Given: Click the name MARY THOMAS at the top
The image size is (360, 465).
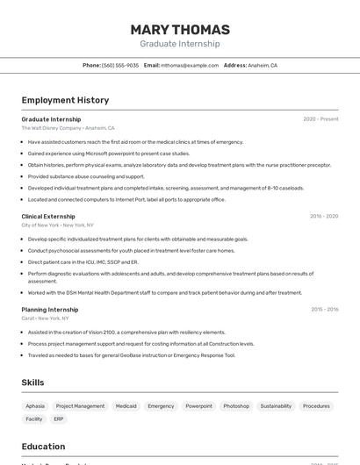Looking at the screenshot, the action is [180, 30].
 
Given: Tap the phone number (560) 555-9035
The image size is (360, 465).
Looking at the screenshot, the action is [120, 66].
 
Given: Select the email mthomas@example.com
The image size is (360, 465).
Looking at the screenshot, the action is [190, 66].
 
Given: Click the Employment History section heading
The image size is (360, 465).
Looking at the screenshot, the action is [65, 101].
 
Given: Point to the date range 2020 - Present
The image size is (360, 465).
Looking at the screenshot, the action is [320, 119].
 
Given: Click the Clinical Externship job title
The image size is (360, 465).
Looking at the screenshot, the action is [48, 216].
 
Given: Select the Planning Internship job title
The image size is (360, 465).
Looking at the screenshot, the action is [50, 310].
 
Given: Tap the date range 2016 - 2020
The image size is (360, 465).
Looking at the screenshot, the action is [323, 216].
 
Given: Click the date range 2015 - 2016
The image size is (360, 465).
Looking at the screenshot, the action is [323, 310].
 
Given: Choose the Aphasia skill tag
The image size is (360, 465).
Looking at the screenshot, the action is [35, 406].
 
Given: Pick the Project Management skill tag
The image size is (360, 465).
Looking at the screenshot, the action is [80, 406].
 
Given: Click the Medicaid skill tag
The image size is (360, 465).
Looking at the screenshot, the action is [126, 406].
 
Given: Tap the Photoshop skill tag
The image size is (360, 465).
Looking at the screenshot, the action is [236, 406].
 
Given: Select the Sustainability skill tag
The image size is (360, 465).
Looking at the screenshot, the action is [276, 406].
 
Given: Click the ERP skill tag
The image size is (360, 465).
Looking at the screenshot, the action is [59, 419].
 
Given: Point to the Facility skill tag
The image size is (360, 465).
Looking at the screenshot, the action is [34, 419].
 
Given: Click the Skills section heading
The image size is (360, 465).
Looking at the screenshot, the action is [33, 383].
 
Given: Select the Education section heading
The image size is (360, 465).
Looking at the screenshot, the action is [43, 447].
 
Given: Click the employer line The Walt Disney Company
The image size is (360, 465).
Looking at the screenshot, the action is [52, 128].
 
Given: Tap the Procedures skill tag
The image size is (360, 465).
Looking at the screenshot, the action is [317, 406].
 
